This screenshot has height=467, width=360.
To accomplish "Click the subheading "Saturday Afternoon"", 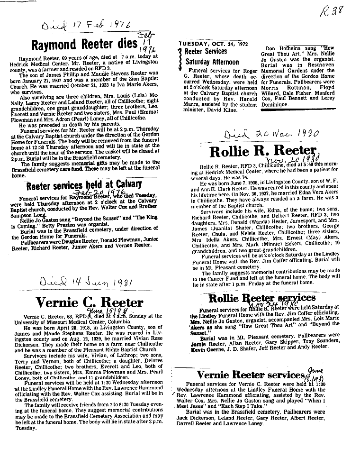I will (x=212, y=62).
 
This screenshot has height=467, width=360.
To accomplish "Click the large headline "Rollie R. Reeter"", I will (x=262, y=152).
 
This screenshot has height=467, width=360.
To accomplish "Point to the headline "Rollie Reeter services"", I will (x=261, y=298).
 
